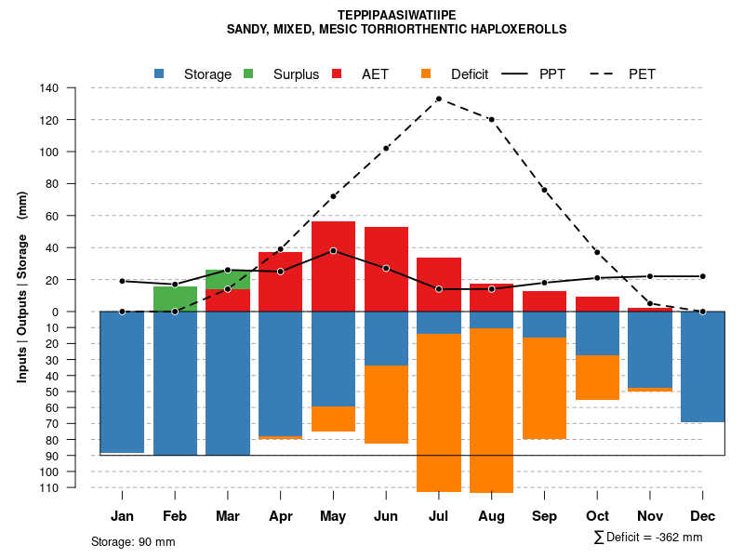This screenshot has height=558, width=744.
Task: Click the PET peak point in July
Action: click(439, 99)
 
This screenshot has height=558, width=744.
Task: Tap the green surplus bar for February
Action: click(175, 299)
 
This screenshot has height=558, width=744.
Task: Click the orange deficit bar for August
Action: click(491, 409)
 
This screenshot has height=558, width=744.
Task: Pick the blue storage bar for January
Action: click(122, 381)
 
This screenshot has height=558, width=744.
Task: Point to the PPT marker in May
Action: click(333, 251)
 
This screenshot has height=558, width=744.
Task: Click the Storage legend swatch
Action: click(160, 73)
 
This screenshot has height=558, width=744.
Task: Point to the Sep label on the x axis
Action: click(544, 516)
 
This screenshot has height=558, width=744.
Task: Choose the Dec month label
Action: click(702, 516)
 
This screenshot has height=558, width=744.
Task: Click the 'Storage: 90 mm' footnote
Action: click(133, 541)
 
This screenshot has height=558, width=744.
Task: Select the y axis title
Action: click(22, 286)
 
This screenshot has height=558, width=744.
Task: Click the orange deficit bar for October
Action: click(597, 378)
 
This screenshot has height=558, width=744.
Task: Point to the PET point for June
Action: click(386, 148)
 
